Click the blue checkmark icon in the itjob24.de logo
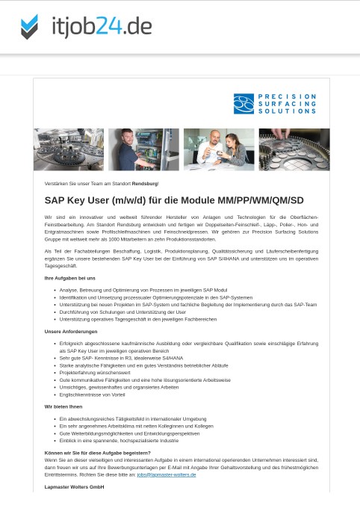[x=29, y=27]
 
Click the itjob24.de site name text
[x=102, y=27]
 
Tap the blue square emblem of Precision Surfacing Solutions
[x=243, y=104]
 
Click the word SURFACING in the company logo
[x=287, y=104]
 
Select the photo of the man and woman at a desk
[x=219, y=149]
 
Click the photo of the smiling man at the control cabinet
[x=143, y=149]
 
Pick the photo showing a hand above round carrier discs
[x=294, y=149]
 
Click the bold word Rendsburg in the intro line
[x=145, y=183]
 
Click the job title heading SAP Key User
[x=174, y=200]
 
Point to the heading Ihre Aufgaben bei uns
[x=70, y=278]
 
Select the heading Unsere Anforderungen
[x=71, y=331]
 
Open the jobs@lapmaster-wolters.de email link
[x=166, y=474]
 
